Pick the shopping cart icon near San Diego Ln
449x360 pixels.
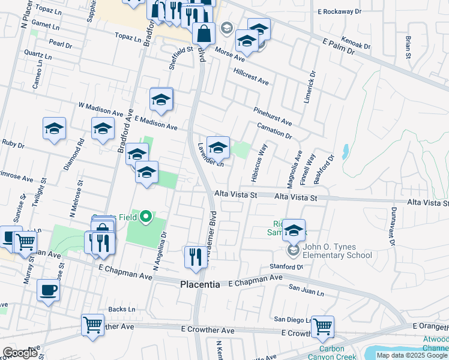coord(322,326)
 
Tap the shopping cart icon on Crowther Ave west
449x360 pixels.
coord(93,325)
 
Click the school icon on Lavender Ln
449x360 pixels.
coord(218,146)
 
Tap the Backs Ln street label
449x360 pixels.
coord(122,310)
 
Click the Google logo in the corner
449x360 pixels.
coord(20,353)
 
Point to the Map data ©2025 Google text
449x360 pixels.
coord(411,355)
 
